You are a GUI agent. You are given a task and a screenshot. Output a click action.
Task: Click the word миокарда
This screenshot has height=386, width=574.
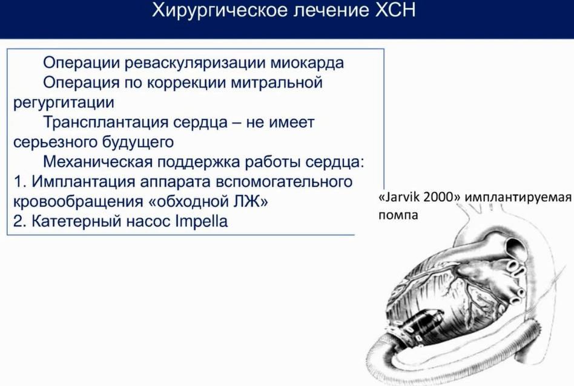(x=307, y=64)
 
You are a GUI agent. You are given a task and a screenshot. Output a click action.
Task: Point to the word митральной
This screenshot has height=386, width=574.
(x=277, y=83)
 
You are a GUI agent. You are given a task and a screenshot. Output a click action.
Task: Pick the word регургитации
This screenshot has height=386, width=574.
(x=64, y=103)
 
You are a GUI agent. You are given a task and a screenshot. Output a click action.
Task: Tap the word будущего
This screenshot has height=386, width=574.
(x=137, y=142)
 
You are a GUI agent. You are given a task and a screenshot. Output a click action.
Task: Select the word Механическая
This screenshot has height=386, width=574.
(x=97, y=162)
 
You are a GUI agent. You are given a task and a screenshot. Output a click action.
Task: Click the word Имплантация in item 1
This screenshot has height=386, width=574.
(x=84, y=182)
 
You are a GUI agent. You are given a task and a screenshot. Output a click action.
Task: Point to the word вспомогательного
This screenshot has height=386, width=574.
(x=284, y=182)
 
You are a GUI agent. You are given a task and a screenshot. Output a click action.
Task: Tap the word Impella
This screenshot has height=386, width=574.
(x=202, y=222)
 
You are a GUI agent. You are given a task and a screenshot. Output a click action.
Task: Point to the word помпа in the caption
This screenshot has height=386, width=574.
(x=398, y=215)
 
